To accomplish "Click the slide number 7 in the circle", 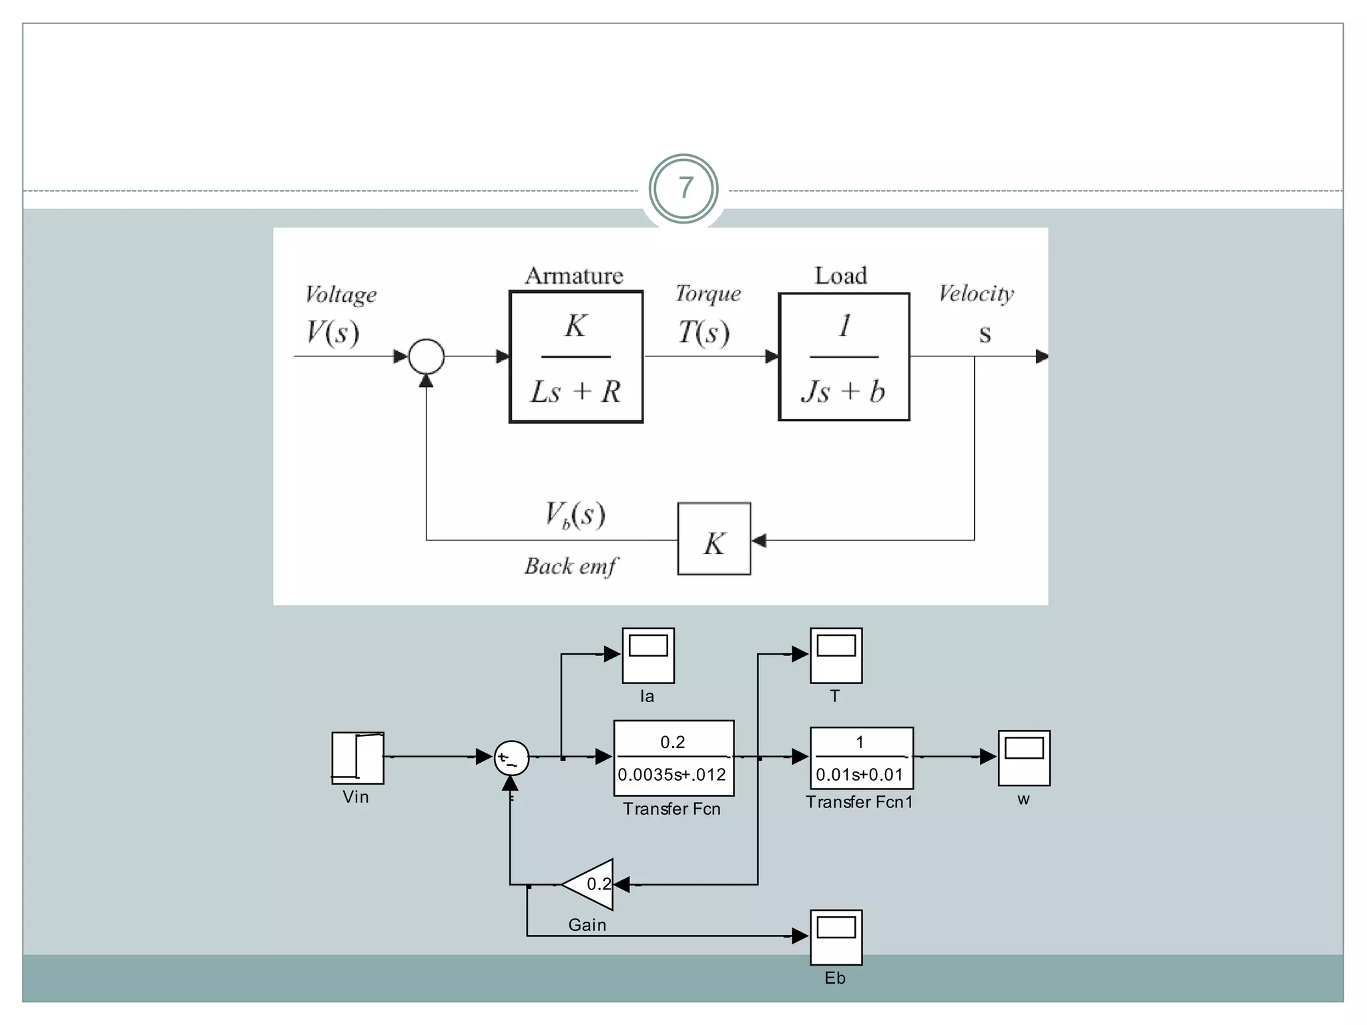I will click(x=683, y=188).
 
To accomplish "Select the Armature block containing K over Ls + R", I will click(x=576, y=357).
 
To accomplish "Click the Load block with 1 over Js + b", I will click(x=844, y=357).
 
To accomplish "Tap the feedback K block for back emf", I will click(x=714, y=539).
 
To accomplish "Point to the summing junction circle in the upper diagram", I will click(x=426, y=356).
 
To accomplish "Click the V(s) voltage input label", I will click(x=332, y=332).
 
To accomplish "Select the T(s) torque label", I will click(x=704, y=332).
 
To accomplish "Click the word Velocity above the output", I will click(x=976, y=293).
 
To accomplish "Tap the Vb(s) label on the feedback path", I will click(x=575, y=515).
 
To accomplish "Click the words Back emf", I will click(x=571, y=567).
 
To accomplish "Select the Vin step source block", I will click(x=358, y=758).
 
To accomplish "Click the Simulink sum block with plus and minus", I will click(x=511, y=758).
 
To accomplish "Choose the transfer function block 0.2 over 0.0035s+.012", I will click(x=673, y=758).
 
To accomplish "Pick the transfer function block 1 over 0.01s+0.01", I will click(x=861, y=758).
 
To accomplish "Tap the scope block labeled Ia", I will click(x=648, y=655).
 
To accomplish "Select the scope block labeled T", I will click(x=836, y=655).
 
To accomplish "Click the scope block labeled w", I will click(x=1024, y=758).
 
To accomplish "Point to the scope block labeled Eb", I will click(x=836, y=937).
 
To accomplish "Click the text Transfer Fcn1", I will click(x=859, y=802).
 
